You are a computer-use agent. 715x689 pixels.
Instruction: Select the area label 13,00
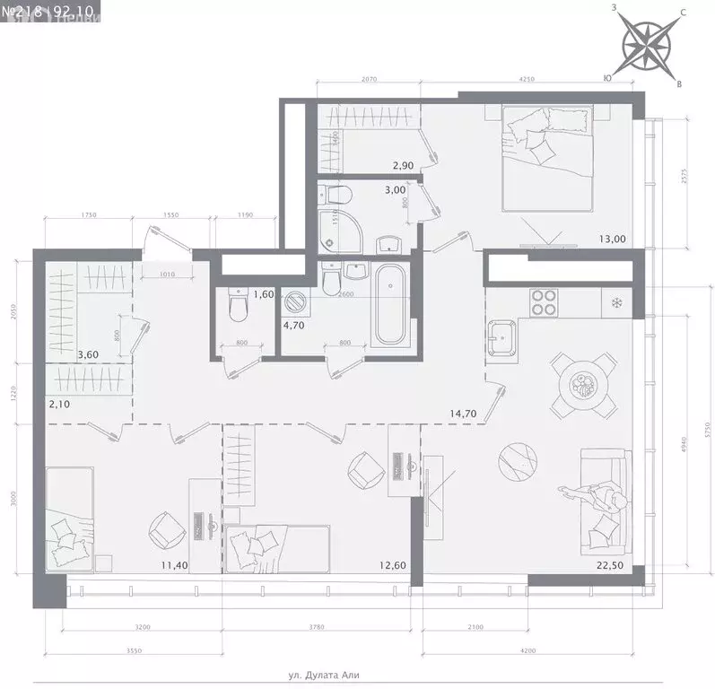(x=613, y=239)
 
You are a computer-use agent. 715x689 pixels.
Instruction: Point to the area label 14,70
(x=463, y=414)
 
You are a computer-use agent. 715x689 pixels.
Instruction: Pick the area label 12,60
(x=393, y=564)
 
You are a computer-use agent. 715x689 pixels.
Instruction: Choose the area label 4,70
(x=292, y=326)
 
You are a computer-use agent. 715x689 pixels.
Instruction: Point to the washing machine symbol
(x=292, y=302)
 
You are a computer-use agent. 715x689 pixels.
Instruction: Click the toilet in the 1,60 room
(x=238, y=305)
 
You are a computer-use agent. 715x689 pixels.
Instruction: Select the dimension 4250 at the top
(x=527, y=80)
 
